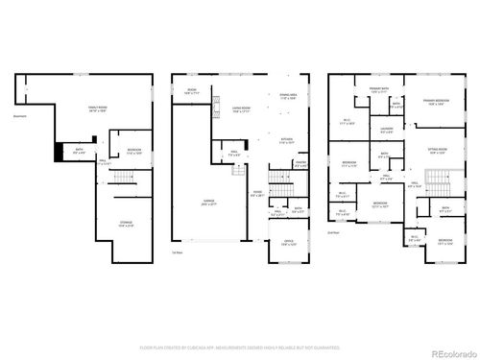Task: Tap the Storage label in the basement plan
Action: click(x=126, y=225)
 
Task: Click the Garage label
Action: click(x=207, y=203)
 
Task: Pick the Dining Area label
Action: click(x=288, y=95)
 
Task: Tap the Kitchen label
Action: click(x=287, y=140)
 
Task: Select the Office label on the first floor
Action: click(x=288, y=242)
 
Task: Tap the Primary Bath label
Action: click(x=379, y=90)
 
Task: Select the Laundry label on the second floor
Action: click(x=387, y=130)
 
